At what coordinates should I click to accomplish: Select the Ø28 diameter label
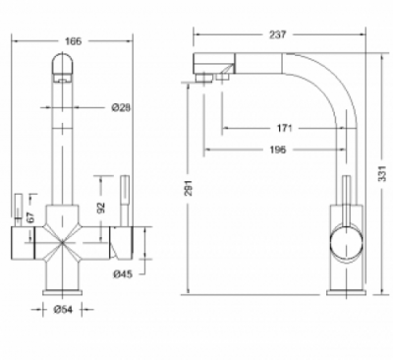pyautogui.click(x=122, y=107)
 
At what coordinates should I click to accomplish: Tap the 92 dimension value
pyautogui.click(x=100, y=208)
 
